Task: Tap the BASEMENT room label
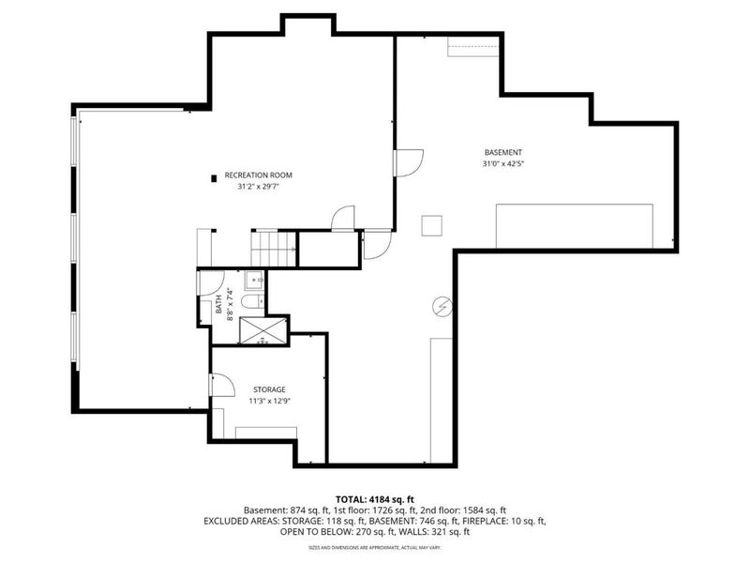tap(503, 153)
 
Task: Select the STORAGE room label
tap(269, 389)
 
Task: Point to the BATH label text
tap(219, 303)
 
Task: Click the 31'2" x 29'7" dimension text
tap(259, 187)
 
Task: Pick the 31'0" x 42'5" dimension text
tap(503, 165)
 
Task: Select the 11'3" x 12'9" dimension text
tap(269, 402)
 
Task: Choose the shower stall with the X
tap(262, 330)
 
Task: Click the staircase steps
tap(274, 249)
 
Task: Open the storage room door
tap(220, 385)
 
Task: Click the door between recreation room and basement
tap(408, 162)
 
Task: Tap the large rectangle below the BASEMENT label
tap(574, 226)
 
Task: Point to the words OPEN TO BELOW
tap(311, 531)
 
